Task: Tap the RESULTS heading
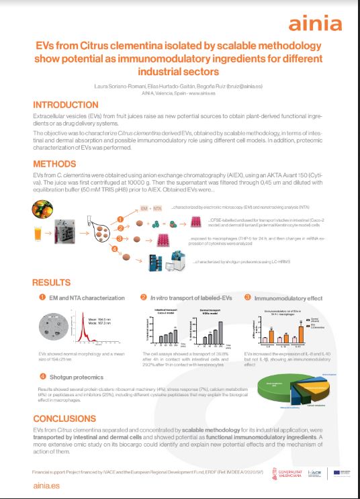[56, 283]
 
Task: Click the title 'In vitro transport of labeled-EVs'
[187, 298]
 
